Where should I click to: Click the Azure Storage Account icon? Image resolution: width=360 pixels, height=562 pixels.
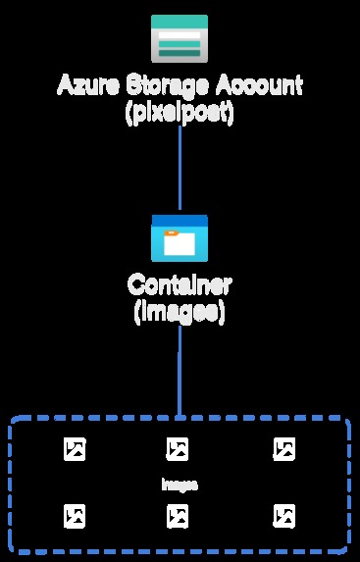(180, 38)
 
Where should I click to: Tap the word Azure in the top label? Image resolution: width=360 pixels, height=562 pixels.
(82, 85)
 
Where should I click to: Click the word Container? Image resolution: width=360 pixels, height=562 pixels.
(180, 286)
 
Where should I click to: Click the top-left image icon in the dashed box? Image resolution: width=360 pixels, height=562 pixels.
(75, 449)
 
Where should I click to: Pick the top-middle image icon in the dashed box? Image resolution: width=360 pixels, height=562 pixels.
(178, 449)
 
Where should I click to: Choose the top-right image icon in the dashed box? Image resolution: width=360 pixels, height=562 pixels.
(283, 449)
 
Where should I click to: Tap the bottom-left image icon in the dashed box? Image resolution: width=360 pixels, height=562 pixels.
(75, 515)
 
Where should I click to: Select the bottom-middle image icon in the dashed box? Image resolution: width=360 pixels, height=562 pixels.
(178, 515)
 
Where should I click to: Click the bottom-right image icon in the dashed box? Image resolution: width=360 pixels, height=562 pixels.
(283, 515)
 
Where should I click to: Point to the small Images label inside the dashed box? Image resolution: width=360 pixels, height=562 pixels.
(180, 485)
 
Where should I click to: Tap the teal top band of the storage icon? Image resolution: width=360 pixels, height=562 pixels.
(180, 21)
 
